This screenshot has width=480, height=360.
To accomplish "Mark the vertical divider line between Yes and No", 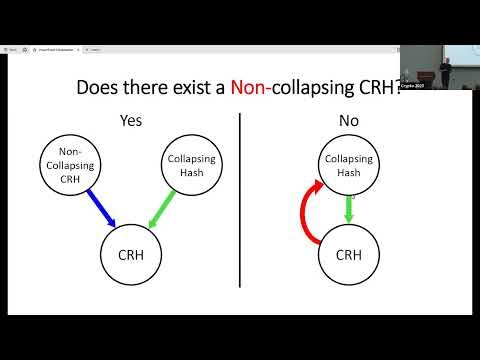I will [x=239, y=200].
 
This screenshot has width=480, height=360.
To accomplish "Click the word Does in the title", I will [x=99, y=88].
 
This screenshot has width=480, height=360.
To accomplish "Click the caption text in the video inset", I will [x=424, y=87].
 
